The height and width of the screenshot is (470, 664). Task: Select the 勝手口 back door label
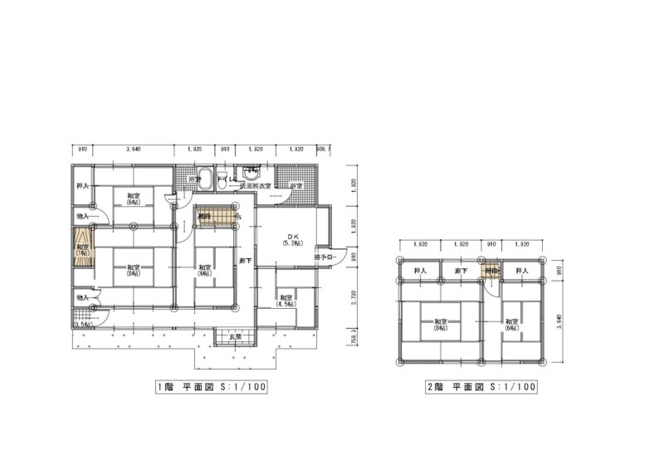point(325,257)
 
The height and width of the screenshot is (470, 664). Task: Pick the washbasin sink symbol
point(251,175)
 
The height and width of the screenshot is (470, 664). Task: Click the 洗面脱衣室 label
point(256,187)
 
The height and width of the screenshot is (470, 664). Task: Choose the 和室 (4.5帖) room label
point(286,301)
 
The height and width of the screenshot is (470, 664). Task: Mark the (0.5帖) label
point(82,325)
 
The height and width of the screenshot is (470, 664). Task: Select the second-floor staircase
point(492,271)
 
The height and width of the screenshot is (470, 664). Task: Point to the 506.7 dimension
point(325,149)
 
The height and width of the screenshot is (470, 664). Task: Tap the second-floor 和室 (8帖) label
point(440,325)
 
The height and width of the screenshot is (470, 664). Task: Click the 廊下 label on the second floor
point(461,272)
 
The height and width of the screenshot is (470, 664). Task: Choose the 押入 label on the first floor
point(83,184)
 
